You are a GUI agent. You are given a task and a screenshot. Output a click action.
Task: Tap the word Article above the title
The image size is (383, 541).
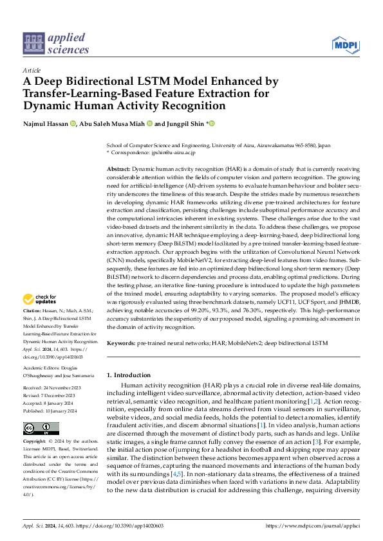pyautogui.click(x=32, y=70)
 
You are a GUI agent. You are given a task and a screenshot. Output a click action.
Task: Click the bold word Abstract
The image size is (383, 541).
pyautogui.click(x=118, y=168)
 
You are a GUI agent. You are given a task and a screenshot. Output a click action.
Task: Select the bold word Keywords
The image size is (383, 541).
pyautogui.click(x=120, y=344)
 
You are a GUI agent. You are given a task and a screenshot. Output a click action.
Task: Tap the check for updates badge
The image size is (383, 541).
pyautogui.click(x=39, y=299)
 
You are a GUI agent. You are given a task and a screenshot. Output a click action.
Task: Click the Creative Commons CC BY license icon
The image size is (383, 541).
pyautogui.click(x=41, y=411)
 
